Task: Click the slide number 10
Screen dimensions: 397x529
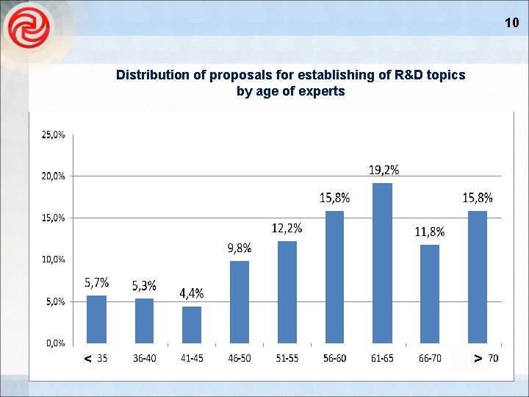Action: point(511,23)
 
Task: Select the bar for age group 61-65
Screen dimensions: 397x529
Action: point(382,262)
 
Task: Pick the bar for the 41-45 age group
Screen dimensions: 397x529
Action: point(192,324)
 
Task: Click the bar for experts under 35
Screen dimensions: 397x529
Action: point(96,319)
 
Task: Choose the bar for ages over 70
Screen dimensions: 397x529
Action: point(478,276)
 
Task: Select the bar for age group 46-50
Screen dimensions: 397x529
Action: point(240,301)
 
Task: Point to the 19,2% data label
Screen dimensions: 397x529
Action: point(384,170)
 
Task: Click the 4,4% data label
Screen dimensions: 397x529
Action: point(192,293)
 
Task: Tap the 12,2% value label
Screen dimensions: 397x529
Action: point(287,229)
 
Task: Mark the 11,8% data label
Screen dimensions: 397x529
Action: point(430,232)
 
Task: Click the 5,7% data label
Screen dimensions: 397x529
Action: point(97,282)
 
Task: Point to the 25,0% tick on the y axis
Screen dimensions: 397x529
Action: point(51,135)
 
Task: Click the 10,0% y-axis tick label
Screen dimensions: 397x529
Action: point(51,260)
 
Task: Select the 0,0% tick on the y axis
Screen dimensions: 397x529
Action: point(51,343)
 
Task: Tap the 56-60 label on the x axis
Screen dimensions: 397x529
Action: point(334,358)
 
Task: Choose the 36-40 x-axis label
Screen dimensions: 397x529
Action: point(144,358)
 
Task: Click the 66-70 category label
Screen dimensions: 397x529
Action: point(430,358)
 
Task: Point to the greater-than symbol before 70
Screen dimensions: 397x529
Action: point(478,358)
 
